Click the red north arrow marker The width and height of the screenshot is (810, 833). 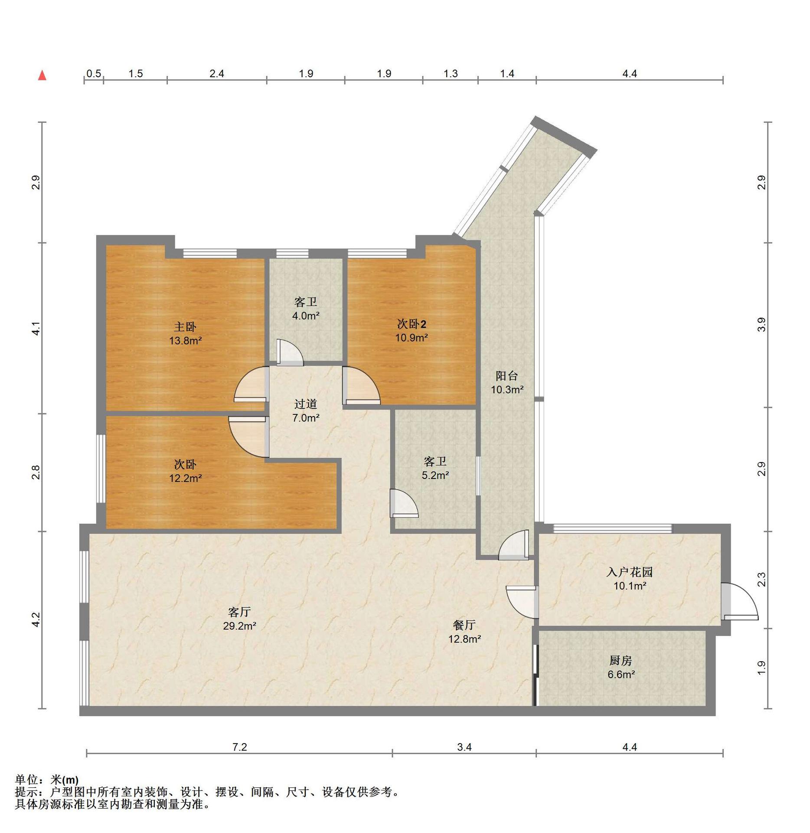(x=42, y=75)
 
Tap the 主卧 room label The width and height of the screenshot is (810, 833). (x=185, y=327)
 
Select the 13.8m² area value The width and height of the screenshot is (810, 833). (x=185, y=341)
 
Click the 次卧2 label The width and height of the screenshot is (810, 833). (x=412, y=324)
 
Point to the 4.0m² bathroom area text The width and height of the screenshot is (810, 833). (x=306, y=316)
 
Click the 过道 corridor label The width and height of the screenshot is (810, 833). (x=306, y=404)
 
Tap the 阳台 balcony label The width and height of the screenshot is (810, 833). (x=507, y=376)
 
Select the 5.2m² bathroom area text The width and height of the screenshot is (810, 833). (x=435, y=476)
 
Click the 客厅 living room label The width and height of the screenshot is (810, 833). (x=239, y=612)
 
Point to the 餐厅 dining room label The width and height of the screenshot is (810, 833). (x=464, y=625)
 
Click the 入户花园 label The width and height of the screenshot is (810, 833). (x=630, y=572)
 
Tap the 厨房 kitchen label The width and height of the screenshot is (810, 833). (x=621, y=661)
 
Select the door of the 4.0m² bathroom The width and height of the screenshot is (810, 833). (x=290, y=351)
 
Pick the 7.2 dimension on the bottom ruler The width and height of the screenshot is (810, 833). (x=239, y=747)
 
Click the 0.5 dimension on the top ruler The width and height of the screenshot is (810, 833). (x=94, y=73)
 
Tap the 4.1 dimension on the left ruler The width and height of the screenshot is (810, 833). (x=36, y=328)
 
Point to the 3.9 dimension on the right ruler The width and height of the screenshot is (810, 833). (x=761, y=325)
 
